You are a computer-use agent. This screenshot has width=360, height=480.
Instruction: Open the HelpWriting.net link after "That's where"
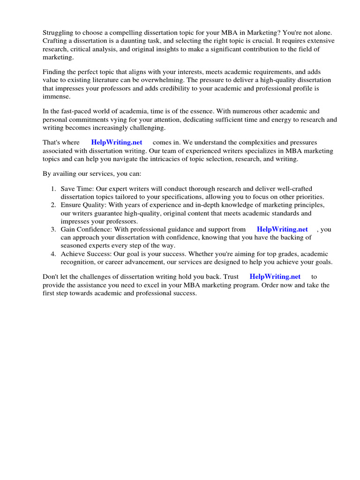[x=117, y=142]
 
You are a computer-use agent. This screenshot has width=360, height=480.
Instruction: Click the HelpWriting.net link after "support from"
[x=282, y=229]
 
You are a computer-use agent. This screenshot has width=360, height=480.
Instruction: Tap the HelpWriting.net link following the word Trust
[x=275, y=277]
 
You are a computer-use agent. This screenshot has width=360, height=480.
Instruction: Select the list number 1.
[x=53, y=188]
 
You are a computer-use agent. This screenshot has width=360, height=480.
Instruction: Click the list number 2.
[x=53, y=205]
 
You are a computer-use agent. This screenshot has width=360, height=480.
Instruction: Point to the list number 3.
[x=53, y=229]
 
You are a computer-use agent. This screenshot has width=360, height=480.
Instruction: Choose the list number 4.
[x=53, y=254]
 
